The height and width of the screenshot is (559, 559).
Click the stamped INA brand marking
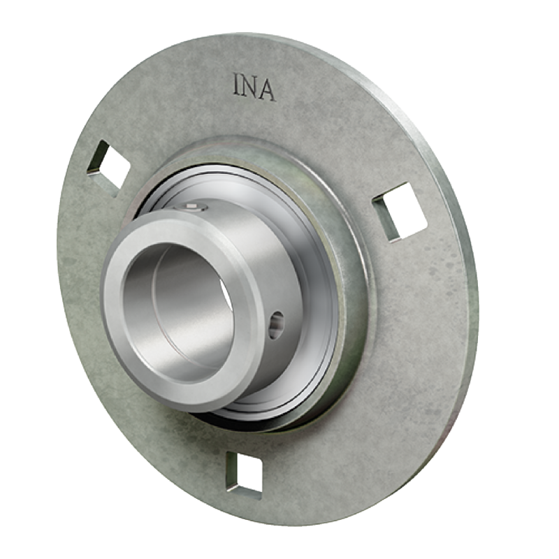point(254,87)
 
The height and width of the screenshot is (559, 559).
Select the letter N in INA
point(252,87)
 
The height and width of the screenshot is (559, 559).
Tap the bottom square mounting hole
point(245,474)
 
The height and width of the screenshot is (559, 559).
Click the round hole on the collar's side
point(276,325)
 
